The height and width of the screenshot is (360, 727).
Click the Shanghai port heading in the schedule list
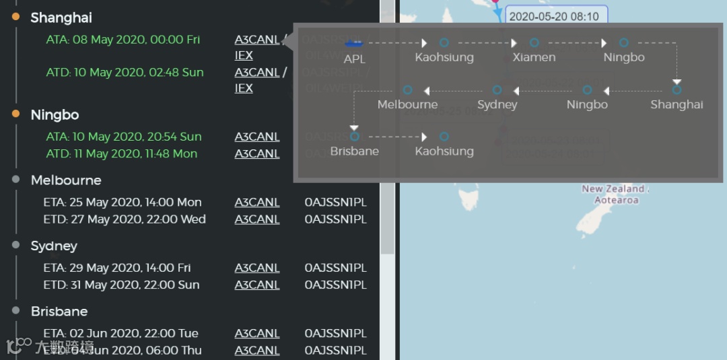tap(61, 17)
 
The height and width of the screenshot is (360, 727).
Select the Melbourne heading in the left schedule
tap(66, 180)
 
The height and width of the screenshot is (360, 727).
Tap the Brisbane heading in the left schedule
tap(59, 312)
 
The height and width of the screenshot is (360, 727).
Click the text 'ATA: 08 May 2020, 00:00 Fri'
tap(123, 40)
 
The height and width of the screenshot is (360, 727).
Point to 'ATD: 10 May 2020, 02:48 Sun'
tap(125, 72)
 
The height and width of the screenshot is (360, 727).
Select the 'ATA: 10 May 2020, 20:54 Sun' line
tap(124, 137)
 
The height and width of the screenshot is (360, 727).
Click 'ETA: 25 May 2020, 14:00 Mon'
tap(123, 202)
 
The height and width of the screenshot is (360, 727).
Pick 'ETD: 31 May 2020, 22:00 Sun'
tap(121, 285)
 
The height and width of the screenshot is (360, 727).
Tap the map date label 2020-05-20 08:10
tap(554, 16)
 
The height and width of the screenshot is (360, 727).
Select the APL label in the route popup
tap(354, 59)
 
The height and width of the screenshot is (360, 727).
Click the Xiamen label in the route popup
tap(534, 57)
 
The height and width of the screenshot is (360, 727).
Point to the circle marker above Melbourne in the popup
tap(407, 89)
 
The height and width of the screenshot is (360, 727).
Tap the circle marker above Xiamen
tap(534, 43)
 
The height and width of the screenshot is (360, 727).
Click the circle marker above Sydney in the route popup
tap(497, 89)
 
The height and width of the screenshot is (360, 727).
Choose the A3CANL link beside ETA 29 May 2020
tap(257, 268)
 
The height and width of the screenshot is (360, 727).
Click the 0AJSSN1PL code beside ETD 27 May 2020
tap(335, 219)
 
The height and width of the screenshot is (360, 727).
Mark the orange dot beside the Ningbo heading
tap(16, 114)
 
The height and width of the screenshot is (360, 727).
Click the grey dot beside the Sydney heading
tap(16, 245)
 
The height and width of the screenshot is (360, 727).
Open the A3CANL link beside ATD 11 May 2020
tap(257, 153)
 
